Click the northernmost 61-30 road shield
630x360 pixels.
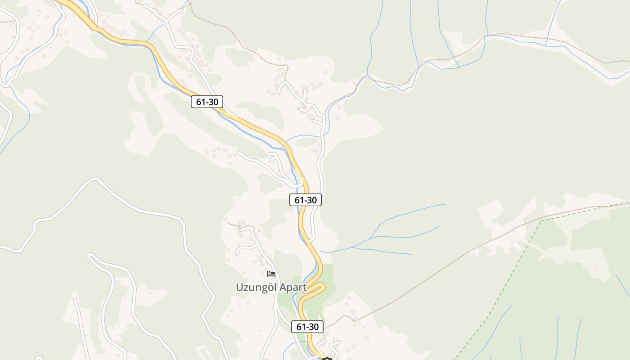coord(207,102)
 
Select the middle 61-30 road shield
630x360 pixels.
coord(306,200)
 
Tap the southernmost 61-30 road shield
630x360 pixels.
coord(307,327)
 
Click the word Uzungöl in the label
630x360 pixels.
coord(255,288)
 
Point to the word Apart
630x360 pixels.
coord(292,288)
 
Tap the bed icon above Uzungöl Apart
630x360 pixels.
coord(271,274)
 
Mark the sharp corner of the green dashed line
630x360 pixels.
coord(541,220)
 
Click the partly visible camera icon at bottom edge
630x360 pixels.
coord(327,359)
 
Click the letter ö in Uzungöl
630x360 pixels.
coord(268,288)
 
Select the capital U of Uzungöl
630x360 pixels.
coord(239,288)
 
